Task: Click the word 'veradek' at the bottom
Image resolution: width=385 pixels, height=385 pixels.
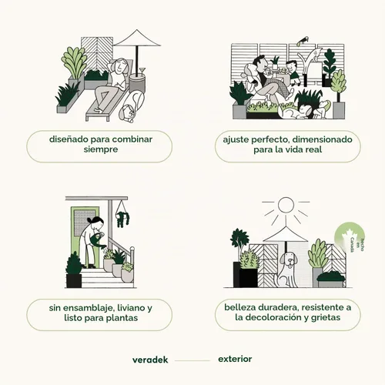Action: pyautogui.click(x=150, y=360)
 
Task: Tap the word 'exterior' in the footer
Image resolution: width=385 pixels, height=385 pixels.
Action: pyautogui.click(x=235, y=359)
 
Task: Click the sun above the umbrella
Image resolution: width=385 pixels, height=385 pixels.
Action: pyautogui.click(x=286, y=205)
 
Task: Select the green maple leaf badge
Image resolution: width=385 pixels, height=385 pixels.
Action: pyautogui.click(x=350, y=236)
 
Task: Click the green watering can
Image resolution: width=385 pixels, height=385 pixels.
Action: pyautogui.click(x=98, y=241)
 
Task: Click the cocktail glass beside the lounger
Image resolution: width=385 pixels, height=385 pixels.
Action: pyautogui.click(x=142, y=71)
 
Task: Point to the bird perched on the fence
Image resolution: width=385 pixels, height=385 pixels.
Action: pyautogui.click(x=303, y=41)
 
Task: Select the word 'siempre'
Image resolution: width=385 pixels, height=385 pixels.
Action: pyautogui.click(x=101, y=149)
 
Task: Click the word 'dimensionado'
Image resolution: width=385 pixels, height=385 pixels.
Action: pyautogui.click(x=322, y=139)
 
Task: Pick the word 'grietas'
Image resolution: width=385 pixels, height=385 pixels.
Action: pyautogui.click(x=326, y=318)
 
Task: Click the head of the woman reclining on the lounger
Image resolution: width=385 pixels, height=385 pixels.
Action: pyautogui.click(x=118, y=66)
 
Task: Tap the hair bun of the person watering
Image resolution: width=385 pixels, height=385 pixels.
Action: pyautogui.click(x=89, y=220)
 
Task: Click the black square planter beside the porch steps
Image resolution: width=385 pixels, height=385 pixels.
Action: pyautogui.click(x=74, y=280)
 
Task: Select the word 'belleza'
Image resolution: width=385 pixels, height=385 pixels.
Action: pyautogui.click(x=240, y=307)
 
